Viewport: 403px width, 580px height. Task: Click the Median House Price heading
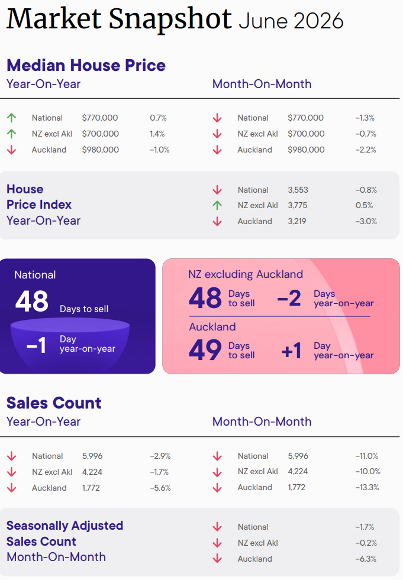tap(86, 65)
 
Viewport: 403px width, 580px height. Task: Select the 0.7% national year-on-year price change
tap(158, 118)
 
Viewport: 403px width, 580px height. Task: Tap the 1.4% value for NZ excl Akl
tap(157, 134)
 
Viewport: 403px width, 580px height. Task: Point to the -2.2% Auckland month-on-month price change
tap(366, 150)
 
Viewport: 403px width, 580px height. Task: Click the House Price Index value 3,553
tap(298, 190)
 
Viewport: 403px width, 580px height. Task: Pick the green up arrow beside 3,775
tap(217, 205)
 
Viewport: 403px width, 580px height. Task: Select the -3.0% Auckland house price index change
tap(366, 221)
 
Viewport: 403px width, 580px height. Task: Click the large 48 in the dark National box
tap(32, 301)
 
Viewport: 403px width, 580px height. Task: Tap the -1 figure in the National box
tap(36, 345)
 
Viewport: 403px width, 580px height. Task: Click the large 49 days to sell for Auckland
tap(205, 350)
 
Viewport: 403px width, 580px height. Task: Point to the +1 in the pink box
tap(292, 350)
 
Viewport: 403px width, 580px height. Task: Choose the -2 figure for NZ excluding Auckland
tap(289, 298)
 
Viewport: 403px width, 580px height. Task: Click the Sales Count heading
tap(54, 403)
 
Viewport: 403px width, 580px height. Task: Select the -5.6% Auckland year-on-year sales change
tap(160, 488)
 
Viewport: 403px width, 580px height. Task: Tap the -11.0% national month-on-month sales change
tap(367, 456)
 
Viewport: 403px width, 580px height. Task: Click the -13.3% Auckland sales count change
tap(367, 488)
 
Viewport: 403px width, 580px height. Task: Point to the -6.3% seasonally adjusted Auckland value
tap(366, 559)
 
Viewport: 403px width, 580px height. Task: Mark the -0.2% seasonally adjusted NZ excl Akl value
tap(366, 543)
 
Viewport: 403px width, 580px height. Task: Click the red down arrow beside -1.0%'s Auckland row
tap(11, 150)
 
